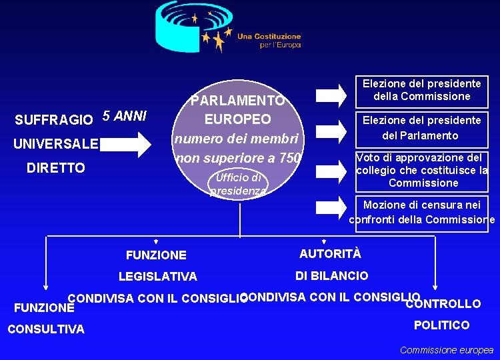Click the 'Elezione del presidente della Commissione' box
pyautogui.click(x=421, y=91)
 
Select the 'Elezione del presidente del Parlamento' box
pyautogui.click(x=421, y=128)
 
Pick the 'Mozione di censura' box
pyautogui.click(x=421, y=213)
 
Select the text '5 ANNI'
pyautogui.click(x=125, y=116)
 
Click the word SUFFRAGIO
pyautogui.click(x=54, y=120)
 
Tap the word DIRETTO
pyautogui.click(x=56, y=168)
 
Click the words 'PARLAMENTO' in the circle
pyautogui.click(x=238, y=101)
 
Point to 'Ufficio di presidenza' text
pyautogui.click(x=238, y=185)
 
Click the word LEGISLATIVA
pyautogui.click(x=157, y=277)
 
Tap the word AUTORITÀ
pyautogui.click(x=330, y=253)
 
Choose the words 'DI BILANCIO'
pyautogui.click(x=331, y=276)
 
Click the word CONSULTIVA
pyautogui.click(x=46, y=329)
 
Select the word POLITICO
pyautogui.click(x=441, y=325)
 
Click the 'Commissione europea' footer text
pyautogui.click(x=446, y=350)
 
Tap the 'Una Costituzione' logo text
pyautogui.click(x=269, y=37)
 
